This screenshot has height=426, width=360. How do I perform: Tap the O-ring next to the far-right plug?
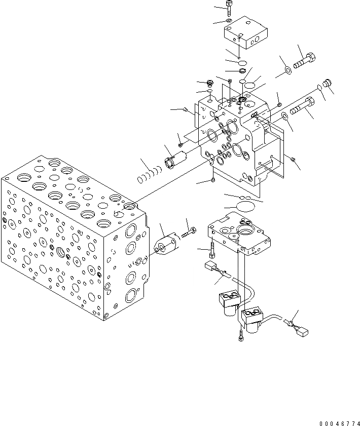pos(319,88)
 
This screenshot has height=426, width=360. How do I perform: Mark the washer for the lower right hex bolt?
pos(286,118)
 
